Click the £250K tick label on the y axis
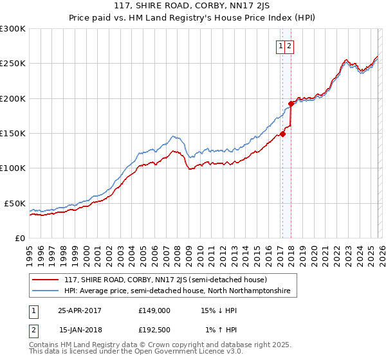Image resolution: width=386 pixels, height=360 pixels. [13, 64]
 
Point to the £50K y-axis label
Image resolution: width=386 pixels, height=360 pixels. [15, 203]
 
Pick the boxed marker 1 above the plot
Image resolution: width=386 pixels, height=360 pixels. [281, 46]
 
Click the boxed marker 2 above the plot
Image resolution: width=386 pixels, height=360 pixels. [289, 46]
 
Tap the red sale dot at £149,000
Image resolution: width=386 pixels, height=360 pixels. [282, 134]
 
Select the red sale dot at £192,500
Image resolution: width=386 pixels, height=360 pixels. [291, 104]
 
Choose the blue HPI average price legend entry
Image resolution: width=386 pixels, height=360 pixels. [177, 291]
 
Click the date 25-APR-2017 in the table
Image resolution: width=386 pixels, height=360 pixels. [80, 310]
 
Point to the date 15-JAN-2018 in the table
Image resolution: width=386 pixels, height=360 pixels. [80, 330]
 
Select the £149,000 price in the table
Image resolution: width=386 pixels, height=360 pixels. [154, 310]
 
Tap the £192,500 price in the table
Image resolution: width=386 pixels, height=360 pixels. [154, 330]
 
